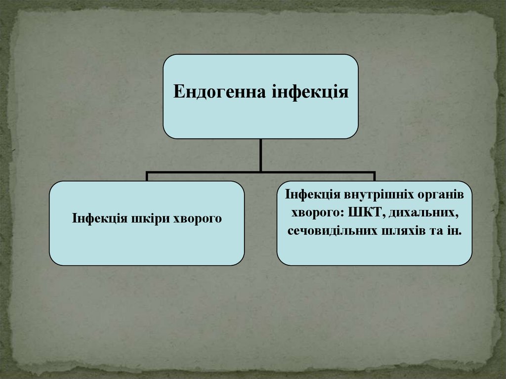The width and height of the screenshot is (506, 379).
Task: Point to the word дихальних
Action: coord(423,213)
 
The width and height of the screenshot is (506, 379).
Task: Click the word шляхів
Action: coord(401,231)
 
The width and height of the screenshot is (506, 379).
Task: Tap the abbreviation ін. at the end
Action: coord(454,231)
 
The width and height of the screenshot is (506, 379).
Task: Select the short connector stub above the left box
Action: coord(147,176)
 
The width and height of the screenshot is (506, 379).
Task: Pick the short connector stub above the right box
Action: coord(374,176)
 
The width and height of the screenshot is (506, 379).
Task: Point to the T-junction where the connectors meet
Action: coord(260,172)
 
